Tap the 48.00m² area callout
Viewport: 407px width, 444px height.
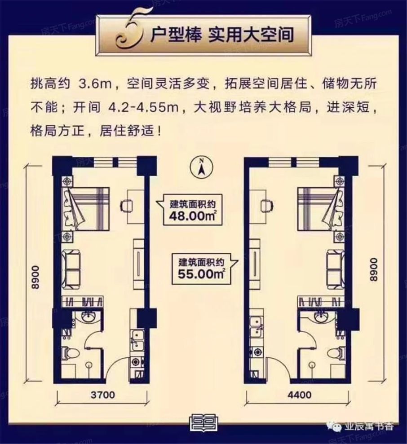tap(190, 209)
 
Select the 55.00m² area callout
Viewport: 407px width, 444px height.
tap(201, 268)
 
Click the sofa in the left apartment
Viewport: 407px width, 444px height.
tap(73, 267)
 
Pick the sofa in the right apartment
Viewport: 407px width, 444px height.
tap(335, 267)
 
